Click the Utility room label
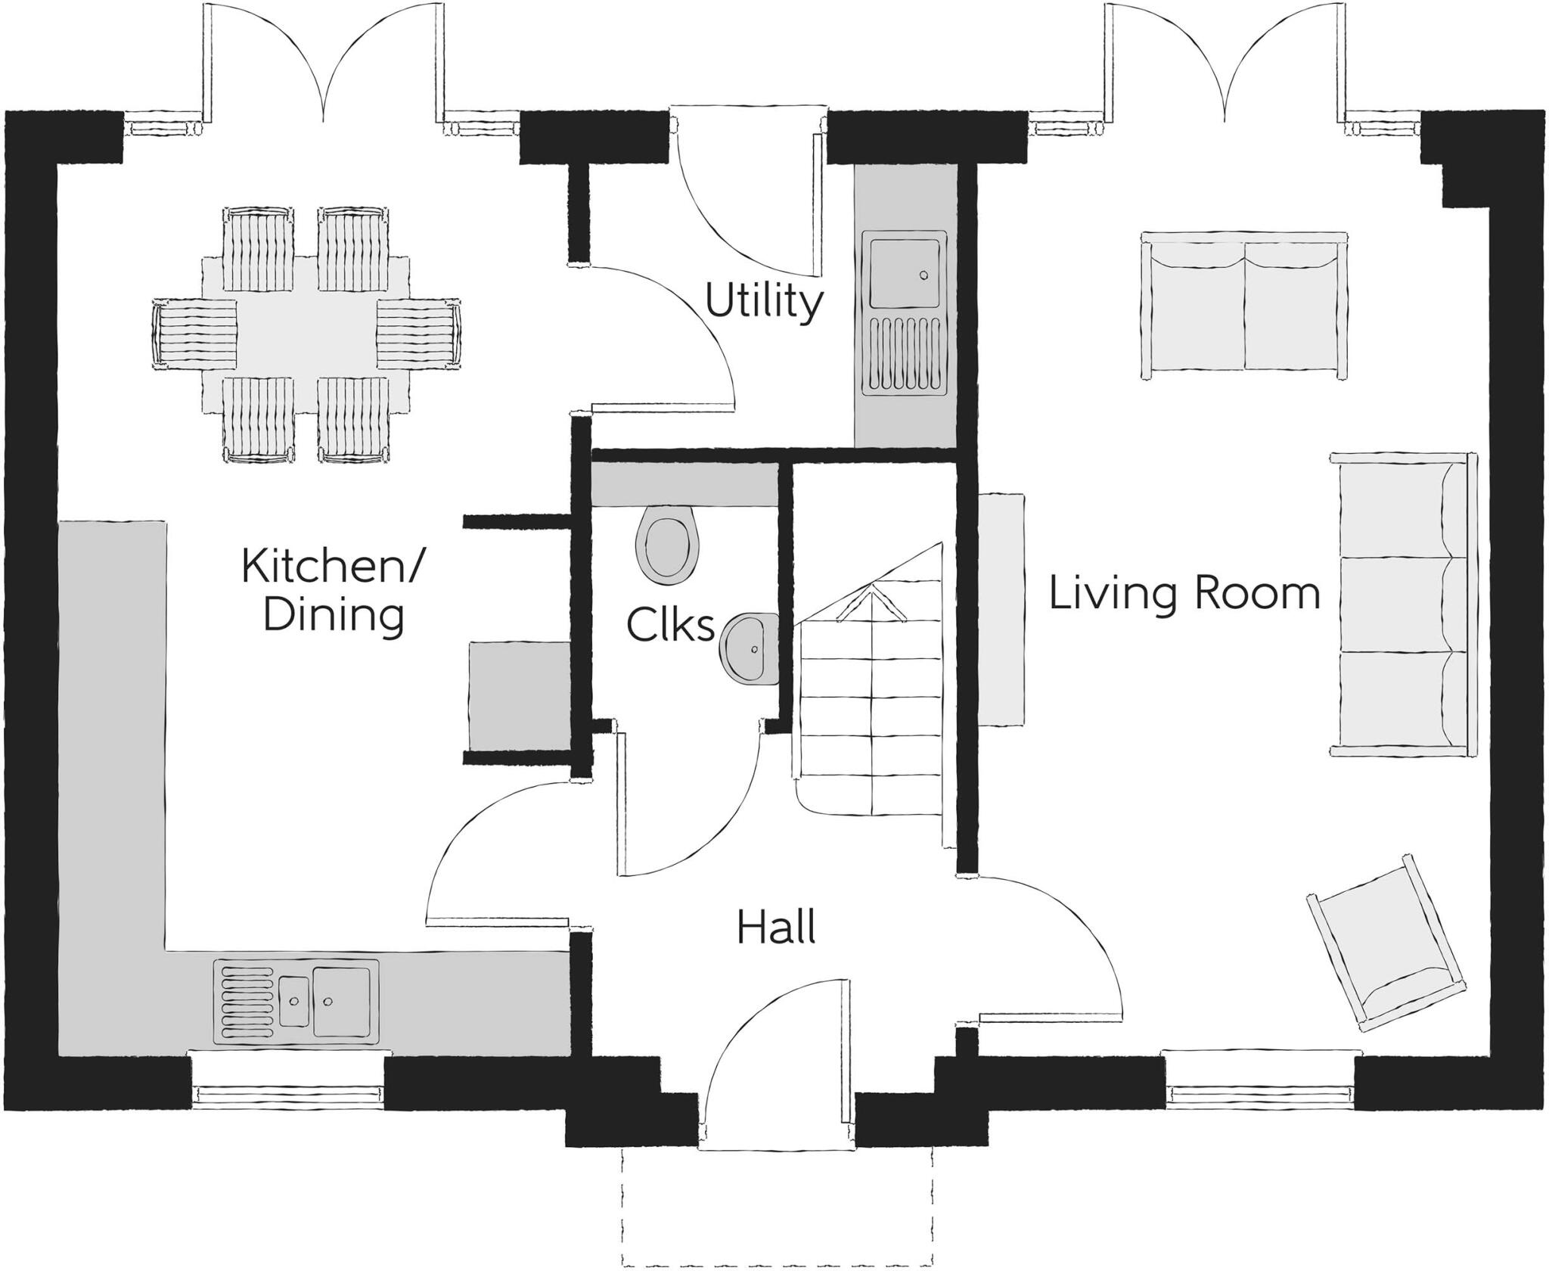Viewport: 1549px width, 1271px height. point(763,303)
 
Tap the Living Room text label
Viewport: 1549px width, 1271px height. point(1184,594)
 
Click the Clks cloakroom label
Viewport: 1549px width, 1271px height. point(670,626)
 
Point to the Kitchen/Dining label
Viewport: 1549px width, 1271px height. point(333,591)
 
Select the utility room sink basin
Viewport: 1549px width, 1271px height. point(905,272)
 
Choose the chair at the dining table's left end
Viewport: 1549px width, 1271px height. point(194,333)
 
